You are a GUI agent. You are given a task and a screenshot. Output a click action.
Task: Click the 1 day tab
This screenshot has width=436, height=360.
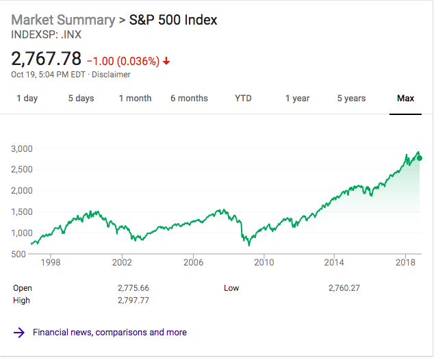[27, 99]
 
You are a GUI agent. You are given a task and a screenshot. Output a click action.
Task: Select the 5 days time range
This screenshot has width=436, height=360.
[81, 99]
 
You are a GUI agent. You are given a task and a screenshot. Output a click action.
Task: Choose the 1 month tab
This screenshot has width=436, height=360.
[135, 99]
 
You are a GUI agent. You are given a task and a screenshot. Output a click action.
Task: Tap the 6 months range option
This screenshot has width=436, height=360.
[189, 99]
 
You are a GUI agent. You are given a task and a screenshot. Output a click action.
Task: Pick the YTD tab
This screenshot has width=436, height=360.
[243, 99]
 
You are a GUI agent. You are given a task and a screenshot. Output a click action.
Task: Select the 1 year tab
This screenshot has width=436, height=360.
[297, 99]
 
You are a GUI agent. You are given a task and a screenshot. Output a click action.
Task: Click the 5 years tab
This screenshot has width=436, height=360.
[351, 99]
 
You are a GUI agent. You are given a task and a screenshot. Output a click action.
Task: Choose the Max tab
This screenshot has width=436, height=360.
[405, 99]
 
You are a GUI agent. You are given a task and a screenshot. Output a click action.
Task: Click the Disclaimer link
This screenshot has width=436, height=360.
[111, 75]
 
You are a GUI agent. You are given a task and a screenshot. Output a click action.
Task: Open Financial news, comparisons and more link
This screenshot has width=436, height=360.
[110, 333]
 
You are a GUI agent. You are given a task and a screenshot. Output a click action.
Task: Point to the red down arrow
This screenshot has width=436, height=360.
[166, 61]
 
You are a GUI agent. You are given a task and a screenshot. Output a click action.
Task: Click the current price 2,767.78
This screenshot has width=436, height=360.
[47, 59]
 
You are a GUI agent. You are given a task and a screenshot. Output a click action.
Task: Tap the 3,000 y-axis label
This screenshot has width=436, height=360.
[22, 149]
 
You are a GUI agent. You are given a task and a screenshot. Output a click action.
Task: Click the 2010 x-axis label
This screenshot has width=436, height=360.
[264, 262]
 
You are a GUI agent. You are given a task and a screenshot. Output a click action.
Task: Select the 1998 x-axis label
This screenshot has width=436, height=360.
[51, 262]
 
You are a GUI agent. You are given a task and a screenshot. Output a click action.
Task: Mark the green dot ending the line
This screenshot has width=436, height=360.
[419, 158]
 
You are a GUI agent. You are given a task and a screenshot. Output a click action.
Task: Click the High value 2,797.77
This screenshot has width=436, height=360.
[133, 300]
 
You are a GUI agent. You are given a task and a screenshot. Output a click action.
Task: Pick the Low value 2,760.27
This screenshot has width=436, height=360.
[344, 288]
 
